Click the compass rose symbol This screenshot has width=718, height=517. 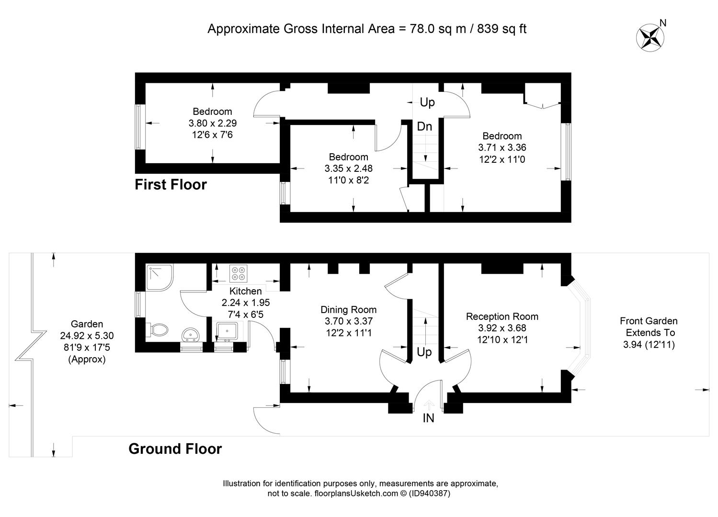pos(650,38)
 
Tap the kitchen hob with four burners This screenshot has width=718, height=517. pos(238,273)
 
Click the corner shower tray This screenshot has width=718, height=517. pos(160,277)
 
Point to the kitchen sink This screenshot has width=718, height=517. pos(227,331)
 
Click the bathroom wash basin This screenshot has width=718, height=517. pos(191,335)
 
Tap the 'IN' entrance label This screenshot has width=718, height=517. pos(428,418)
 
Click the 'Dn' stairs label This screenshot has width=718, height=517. pos(424,126)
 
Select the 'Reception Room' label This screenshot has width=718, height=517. pos(502,316)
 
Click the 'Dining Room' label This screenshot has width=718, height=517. pos(348,310)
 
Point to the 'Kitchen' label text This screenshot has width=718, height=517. pos(246,291)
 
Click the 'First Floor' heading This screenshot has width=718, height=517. pos(171,184)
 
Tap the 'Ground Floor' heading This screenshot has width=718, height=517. pos(175,449)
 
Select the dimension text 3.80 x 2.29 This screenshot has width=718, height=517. pos(213,123)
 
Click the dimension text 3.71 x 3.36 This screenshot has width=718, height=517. pos(502,147)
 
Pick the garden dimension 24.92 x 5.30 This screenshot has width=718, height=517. pos(87,336)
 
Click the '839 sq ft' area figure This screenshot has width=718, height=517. pos(501,29)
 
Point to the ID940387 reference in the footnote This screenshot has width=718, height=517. pos(429,493)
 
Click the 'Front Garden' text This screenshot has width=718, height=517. pos(649,321)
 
